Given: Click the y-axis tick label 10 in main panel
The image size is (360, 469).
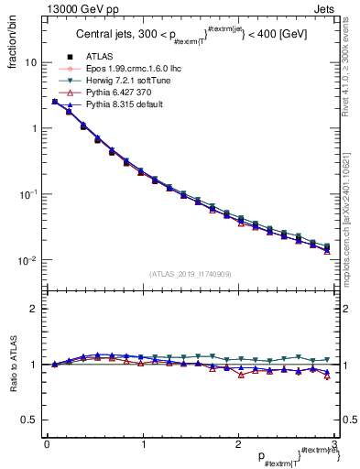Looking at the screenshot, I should click(30, 63).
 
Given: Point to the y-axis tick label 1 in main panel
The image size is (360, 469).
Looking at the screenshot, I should click(33, 129).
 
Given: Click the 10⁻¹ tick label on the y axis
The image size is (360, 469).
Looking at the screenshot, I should click(28, 195).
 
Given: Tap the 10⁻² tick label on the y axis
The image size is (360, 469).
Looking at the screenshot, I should click(28, 261).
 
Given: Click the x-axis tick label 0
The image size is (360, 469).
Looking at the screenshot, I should click(47, 445).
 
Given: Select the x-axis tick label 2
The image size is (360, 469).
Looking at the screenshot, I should click(237, 445).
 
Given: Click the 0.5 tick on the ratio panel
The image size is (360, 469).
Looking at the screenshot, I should click(29, 420).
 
